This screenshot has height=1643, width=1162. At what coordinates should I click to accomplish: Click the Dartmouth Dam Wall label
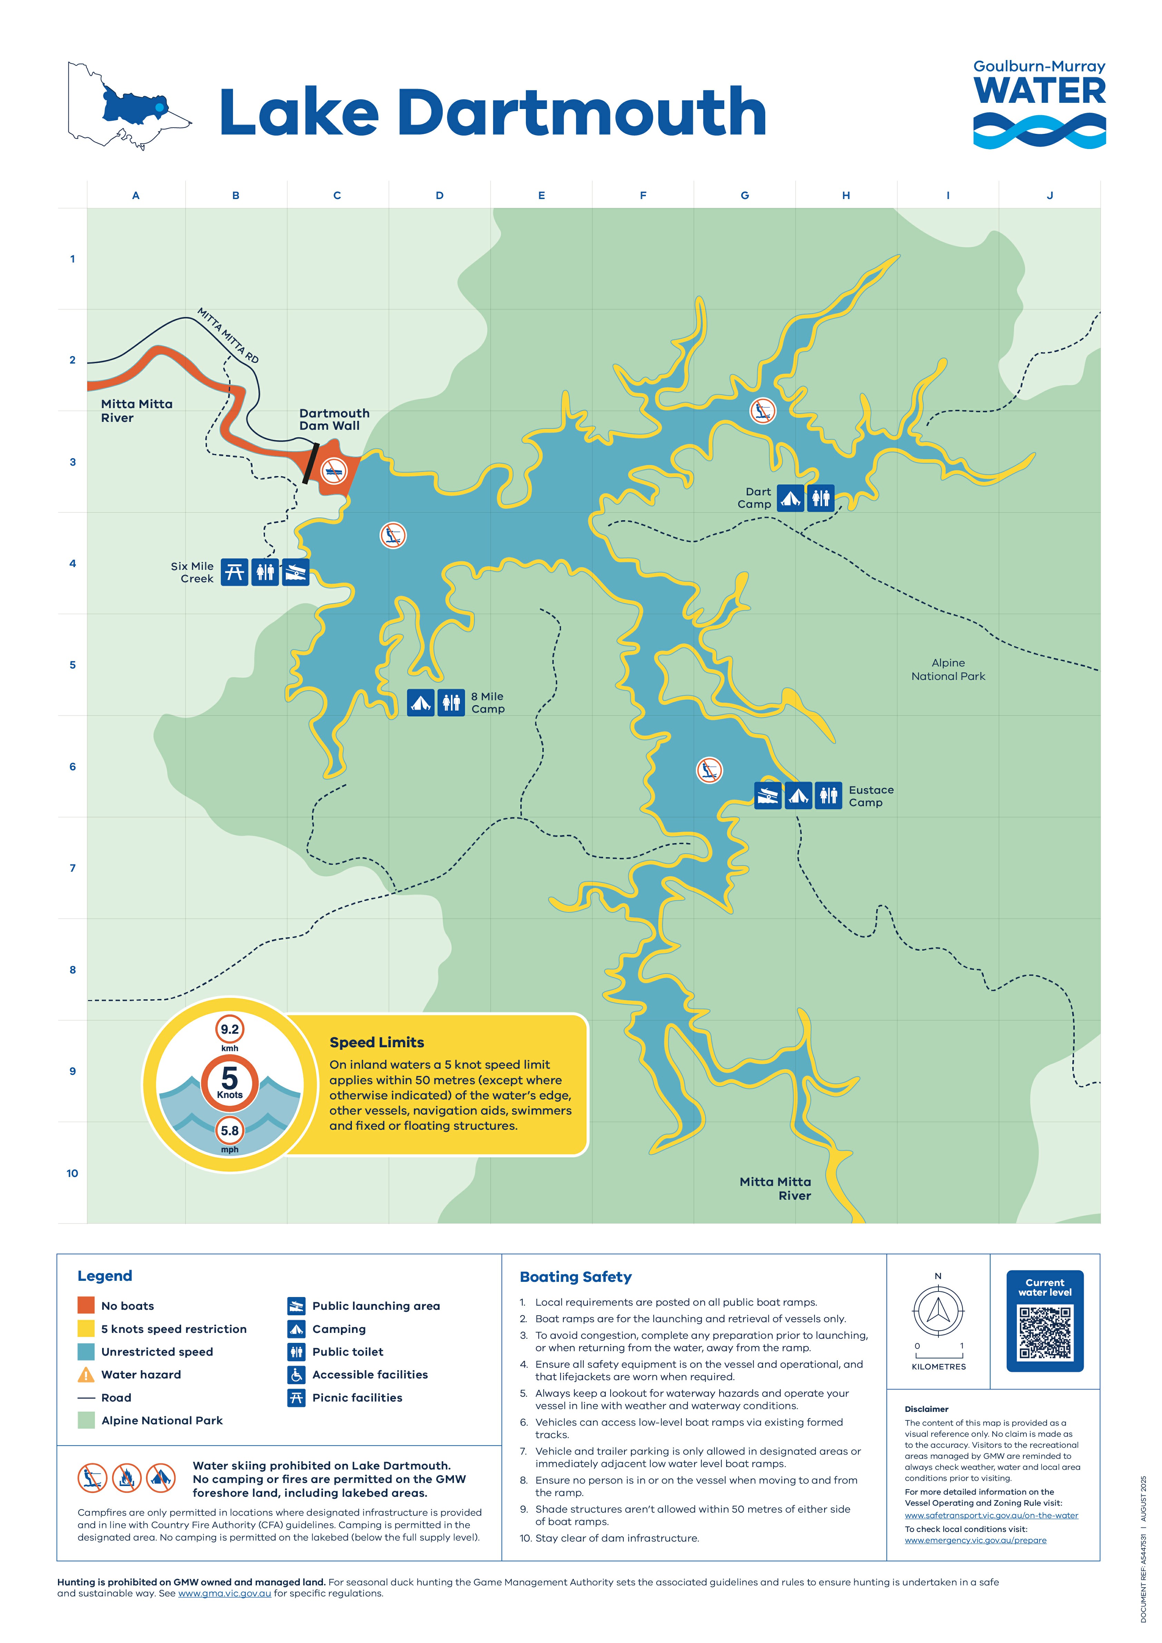pyautogui.click(x=334, y=419)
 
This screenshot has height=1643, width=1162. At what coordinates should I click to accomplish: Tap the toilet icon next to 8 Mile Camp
pyautogui.click(x=451, y=703)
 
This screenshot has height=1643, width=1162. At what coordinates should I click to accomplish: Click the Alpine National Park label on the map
pyautogui.click(x=948, y=670)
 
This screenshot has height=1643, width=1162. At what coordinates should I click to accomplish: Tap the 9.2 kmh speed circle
pyautogui.click(x=230, y=1030)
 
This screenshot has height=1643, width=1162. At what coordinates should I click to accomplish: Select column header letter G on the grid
pyautogui.click(x=745, y=195)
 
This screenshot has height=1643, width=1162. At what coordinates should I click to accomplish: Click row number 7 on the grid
pyautogui.click(x=72, y=868)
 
